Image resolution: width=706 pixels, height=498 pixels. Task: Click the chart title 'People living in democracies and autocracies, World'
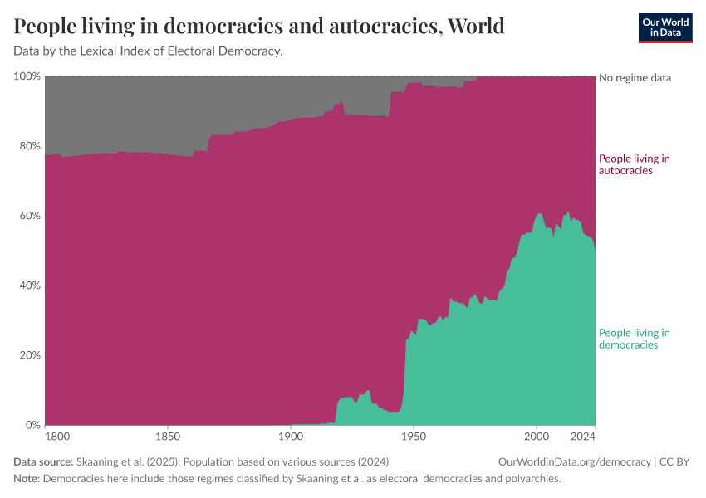pyautogui.click(x=259, y=27)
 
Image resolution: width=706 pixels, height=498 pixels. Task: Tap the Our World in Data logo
pyautogui.click(x=664, y=27)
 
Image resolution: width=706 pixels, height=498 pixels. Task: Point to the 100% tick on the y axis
pyautogui.click(x=27, y=76)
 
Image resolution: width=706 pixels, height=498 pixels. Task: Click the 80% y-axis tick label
pyautogui.click(x=29, y=146)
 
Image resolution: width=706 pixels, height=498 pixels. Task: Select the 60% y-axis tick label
pyautogui.click(x=29, y=216)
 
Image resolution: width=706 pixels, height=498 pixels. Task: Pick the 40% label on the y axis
pyautogui.click(x=29, y=286)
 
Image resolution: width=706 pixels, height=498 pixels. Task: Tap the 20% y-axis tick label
pyautogui.click(x=29, y=355)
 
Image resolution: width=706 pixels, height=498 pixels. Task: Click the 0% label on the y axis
pyautogui.click(x=32, y=425)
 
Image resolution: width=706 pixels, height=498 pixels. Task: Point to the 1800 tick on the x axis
pyautogui.click(x=56, y=436)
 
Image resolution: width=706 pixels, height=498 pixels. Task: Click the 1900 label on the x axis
pyautogui.click(x=290, y=436)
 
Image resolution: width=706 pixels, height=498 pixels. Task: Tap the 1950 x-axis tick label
pyautogui.click(x=413, y=436)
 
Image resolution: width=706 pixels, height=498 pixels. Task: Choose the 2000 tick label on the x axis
pyautogui.click(x=537, y=436)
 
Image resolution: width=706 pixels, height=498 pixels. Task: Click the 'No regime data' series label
pyautogui.click(x=635, y=77)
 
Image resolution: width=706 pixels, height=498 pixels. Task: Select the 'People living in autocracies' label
pyautogui.click(x=635, y=164)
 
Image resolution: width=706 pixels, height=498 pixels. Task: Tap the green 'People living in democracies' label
pyautogui.click(x=635, y=339)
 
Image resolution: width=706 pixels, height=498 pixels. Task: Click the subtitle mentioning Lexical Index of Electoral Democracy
pyautogui.click(x=149, y=51)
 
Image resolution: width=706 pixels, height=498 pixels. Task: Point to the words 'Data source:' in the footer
pyautogui.click(x=43, y=461)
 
